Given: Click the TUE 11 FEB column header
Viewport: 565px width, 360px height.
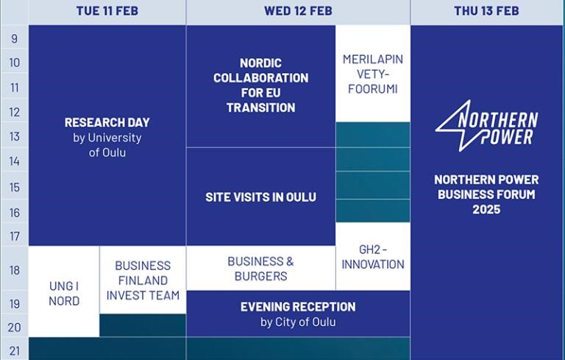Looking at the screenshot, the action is click(107, 11).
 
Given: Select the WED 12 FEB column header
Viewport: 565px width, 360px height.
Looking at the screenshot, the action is click(298, 11).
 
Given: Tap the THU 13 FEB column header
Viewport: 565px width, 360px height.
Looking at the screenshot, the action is click(486, 11).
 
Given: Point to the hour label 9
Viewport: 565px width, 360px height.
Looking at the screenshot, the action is click(15, 38).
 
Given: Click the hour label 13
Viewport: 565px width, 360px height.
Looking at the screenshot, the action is click(15, 136).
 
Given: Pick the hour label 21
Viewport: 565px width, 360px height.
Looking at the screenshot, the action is click(15, 350).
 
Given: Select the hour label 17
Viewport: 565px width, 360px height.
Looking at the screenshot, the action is click(15, 236).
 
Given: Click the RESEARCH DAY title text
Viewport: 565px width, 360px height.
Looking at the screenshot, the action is click(107, 123).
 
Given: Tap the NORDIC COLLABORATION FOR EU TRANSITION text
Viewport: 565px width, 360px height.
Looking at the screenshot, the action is click(261, 85).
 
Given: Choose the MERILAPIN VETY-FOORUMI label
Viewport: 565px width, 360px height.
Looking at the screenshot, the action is click(373, 74).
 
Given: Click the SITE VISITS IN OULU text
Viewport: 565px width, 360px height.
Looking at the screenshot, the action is click(261, 197).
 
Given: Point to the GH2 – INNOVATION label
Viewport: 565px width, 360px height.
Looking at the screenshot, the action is click(373, 257).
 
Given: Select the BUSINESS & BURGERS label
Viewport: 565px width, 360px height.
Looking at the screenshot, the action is click(261, 269).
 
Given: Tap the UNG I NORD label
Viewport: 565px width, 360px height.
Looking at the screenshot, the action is click(64, 294).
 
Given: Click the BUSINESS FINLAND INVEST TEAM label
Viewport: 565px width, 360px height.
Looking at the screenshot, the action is click(143, 280).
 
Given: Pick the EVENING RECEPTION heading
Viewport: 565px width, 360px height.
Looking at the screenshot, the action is click(298, 307).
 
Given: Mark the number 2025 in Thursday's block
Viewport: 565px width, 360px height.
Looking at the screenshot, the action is click(486, 210).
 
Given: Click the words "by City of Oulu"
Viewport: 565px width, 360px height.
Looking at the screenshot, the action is click(298, 322).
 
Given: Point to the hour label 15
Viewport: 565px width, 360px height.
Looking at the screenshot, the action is click(15, 187).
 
